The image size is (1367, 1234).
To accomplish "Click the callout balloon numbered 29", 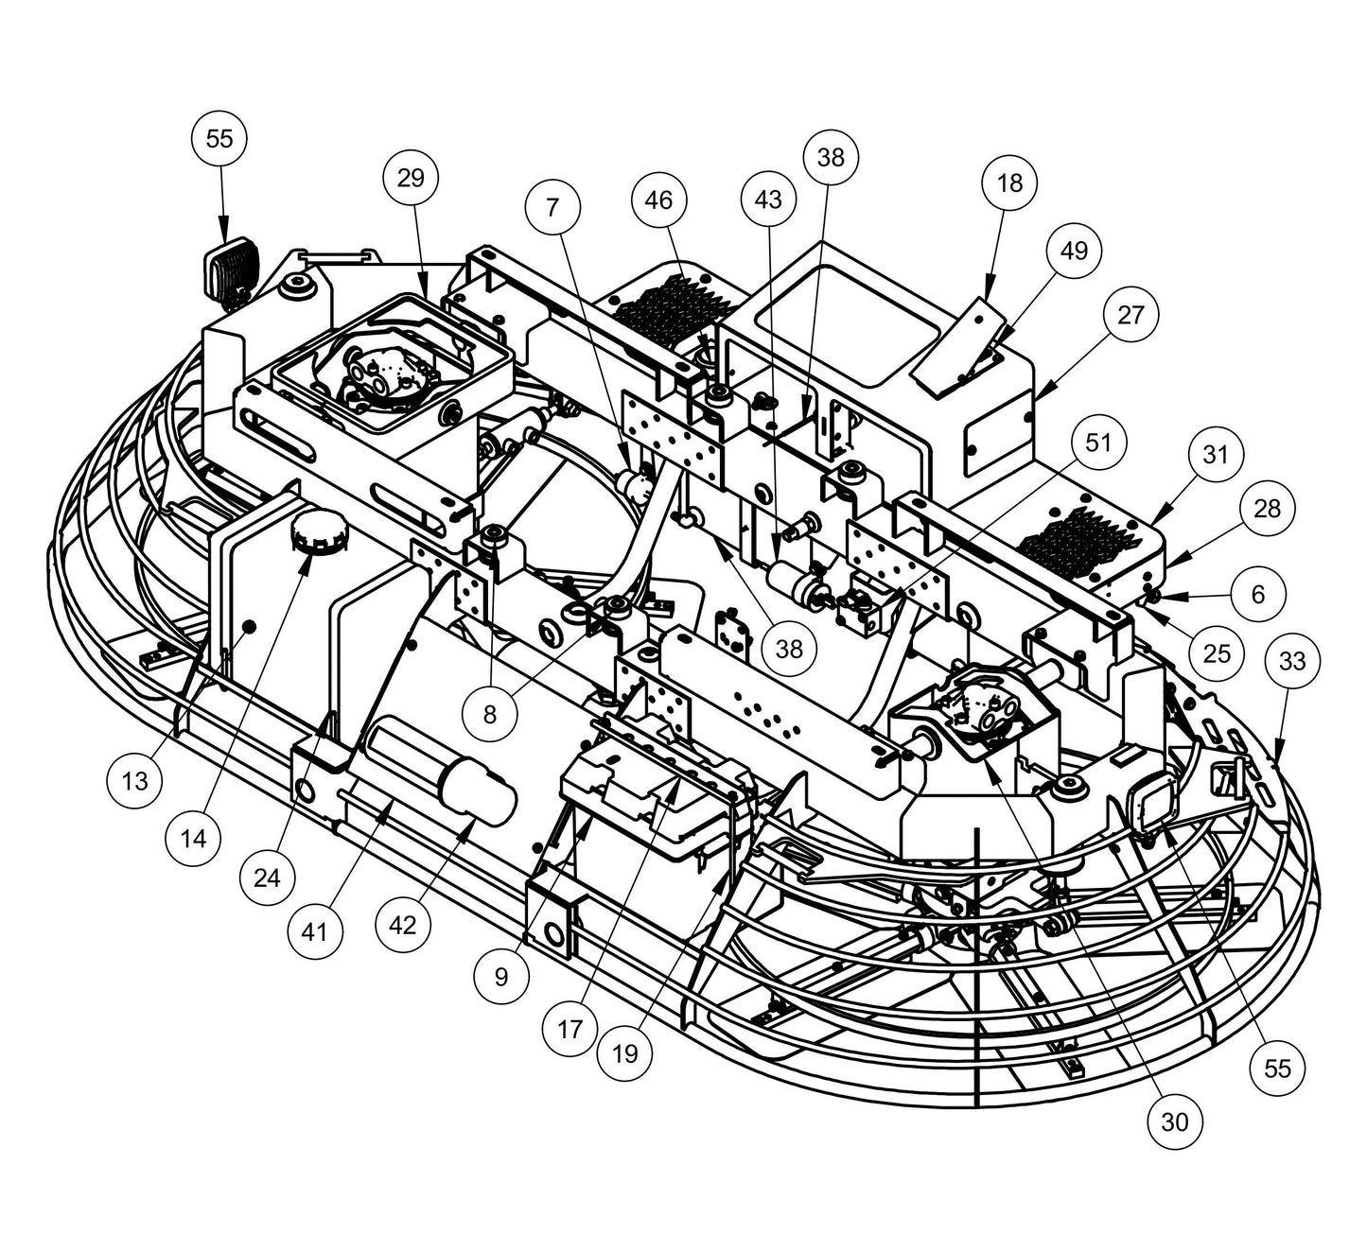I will tap(412, 178).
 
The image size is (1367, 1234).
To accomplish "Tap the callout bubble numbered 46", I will tap(658, 200).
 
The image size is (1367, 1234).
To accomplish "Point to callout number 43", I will tap(769, 200).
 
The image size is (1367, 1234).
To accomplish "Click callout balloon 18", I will tap(1009, 182).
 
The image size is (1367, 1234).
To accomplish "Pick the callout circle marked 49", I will tap(1074, 251).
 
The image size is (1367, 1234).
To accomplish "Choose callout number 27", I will tap(1130, 315).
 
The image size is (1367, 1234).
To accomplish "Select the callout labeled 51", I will tap(1098, 443).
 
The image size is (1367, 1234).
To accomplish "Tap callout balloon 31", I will tap(1215, 455).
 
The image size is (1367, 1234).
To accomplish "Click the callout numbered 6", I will tap(1257, 594).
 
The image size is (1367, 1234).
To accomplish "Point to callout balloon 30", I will tap(1174, 1121).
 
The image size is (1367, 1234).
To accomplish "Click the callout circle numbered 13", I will tap(135, 781).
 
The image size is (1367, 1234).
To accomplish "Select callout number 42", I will tap(402, 925).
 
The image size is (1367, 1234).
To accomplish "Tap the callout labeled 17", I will tap(570, 1028).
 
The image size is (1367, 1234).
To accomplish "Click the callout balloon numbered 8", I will tap(489, 714).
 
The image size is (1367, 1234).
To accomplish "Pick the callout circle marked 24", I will tap(267, 878).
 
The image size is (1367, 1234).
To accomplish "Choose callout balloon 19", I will tap(625, 1052).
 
